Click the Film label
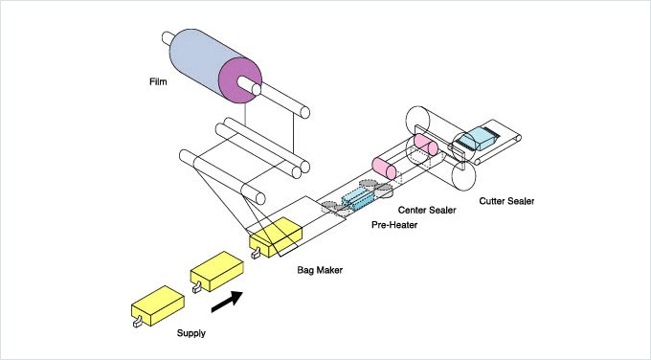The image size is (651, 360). (x=158, y=81)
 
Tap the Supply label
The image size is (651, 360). (x=191, y=333)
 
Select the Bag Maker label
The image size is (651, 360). (x=320, y=270)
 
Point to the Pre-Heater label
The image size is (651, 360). (x=394, y=225)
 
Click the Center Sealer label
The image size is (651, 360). (x=427, y=210)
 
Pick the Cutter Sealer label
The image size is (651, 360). (x=506, y=201)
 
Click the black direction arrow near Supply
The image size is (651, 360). (x=227, y=301)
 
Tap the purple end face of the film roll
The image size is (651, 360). (x=240, y=80)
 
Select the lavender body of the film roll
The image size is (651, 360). (x=199, y=58)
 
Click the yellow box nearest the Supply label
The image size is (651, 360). (x=158, y=305)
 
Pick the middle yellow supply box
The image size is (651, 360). (x=216, y=271)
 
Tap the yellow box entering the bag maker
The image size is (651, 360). (x=276, y=237)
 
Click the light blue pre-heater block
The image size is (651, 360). (x=358, y=198)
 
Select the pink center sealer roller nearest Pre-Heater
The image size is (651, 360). (x=384, y=169)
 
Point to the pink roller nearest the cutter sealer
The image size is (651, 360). (x=426, y=145)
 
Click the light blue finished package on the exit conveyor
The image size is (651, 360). (x=478, y=138)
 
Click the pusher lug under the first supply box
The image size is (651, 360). (x=137, y=322)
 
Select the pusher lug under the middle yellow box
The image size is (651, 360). (x=197, y=286)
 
